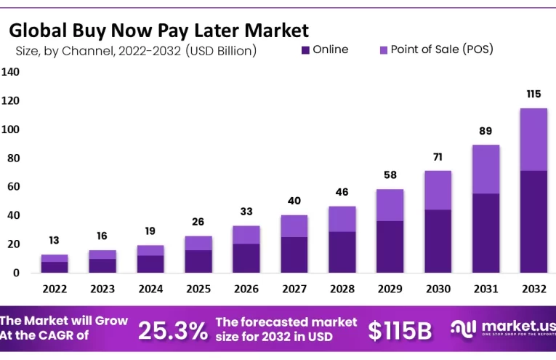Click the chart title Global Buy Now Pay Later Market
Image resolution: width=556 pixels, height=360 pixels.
[158, 30]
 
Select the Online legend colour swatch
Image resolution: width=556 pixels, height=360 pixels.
[305, 50]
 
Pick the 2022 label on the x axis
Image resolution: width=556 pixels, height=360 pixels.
[55, 288]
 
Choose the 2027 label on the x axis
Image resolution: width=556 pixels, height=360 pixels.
[294, 288]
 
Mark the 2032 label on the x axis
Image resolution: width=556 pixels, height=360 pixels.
[533, 288]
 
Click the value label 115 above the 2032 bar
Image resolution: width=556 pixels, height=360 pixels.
[533, 95]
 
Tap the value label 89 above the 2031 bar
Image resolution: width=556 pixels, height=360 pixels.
[486, 131]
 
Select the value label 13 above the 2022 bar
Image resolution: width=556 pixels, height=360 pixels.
[55, 241]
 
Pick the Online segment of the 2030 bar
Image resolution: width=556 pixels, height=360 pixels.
[438, 241]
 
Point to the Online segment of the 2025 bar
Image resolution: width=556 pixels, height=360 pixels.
[198, 261]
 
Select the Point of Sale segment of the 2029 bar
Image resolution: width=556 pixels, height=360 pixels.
[390, 205]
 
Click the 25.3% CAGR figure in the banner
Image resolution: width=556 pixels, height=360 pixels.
[173, 331]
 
